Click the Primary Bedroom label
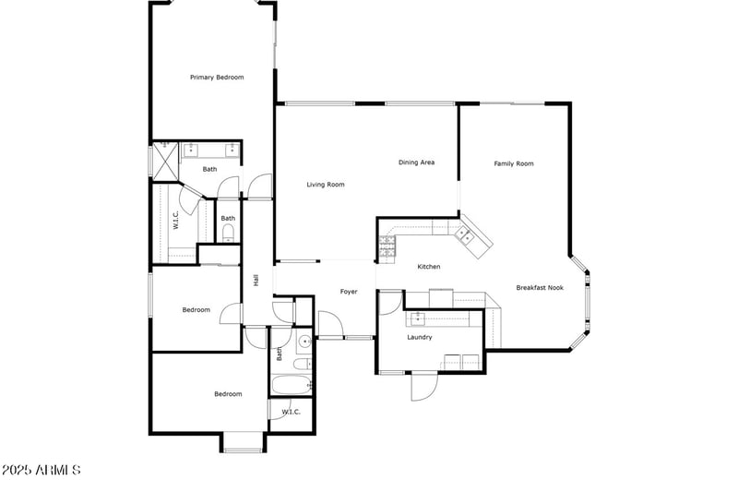pos(217,78)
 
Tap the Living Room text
pos(326,185)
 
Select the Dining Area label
pos(416,162)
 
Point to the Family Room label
pos(514,163)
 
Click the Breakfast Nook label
pos(540,288)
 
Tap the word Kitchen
pos(429,267)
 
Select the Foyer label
pos(349,292)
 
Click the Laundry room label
pos(420,337)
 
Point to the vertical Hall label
pos(256,280)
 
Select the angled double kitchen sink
pos(470,237)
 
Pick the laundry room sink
pos(417,318)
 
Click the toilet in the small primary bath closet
pos(228,232)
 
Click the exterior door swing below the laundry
pos(423,386)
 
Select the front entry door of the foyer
pos(330,324)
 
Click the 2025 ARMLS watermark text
pos(42,471)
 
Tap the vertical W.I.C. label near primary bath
pos(174,221)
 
